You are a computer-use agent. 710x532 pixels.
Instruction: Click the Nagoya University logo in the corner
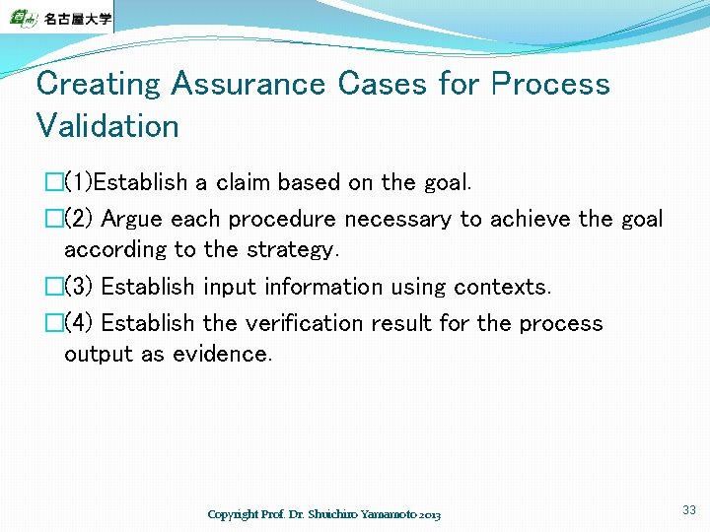(56, 17)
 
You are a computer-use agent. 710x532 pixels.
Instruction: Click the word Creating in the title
(99, 84)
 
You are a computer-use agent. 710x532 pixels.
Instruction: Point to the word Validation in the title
(107, 126)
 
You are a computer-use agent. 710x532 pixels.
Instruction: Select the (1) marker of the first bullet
(83, 182)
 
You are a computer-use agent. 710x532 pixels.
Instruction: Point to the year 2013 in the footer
(430, 515)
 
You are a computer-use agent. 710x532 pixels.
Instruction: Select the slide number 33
(688, 509)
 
